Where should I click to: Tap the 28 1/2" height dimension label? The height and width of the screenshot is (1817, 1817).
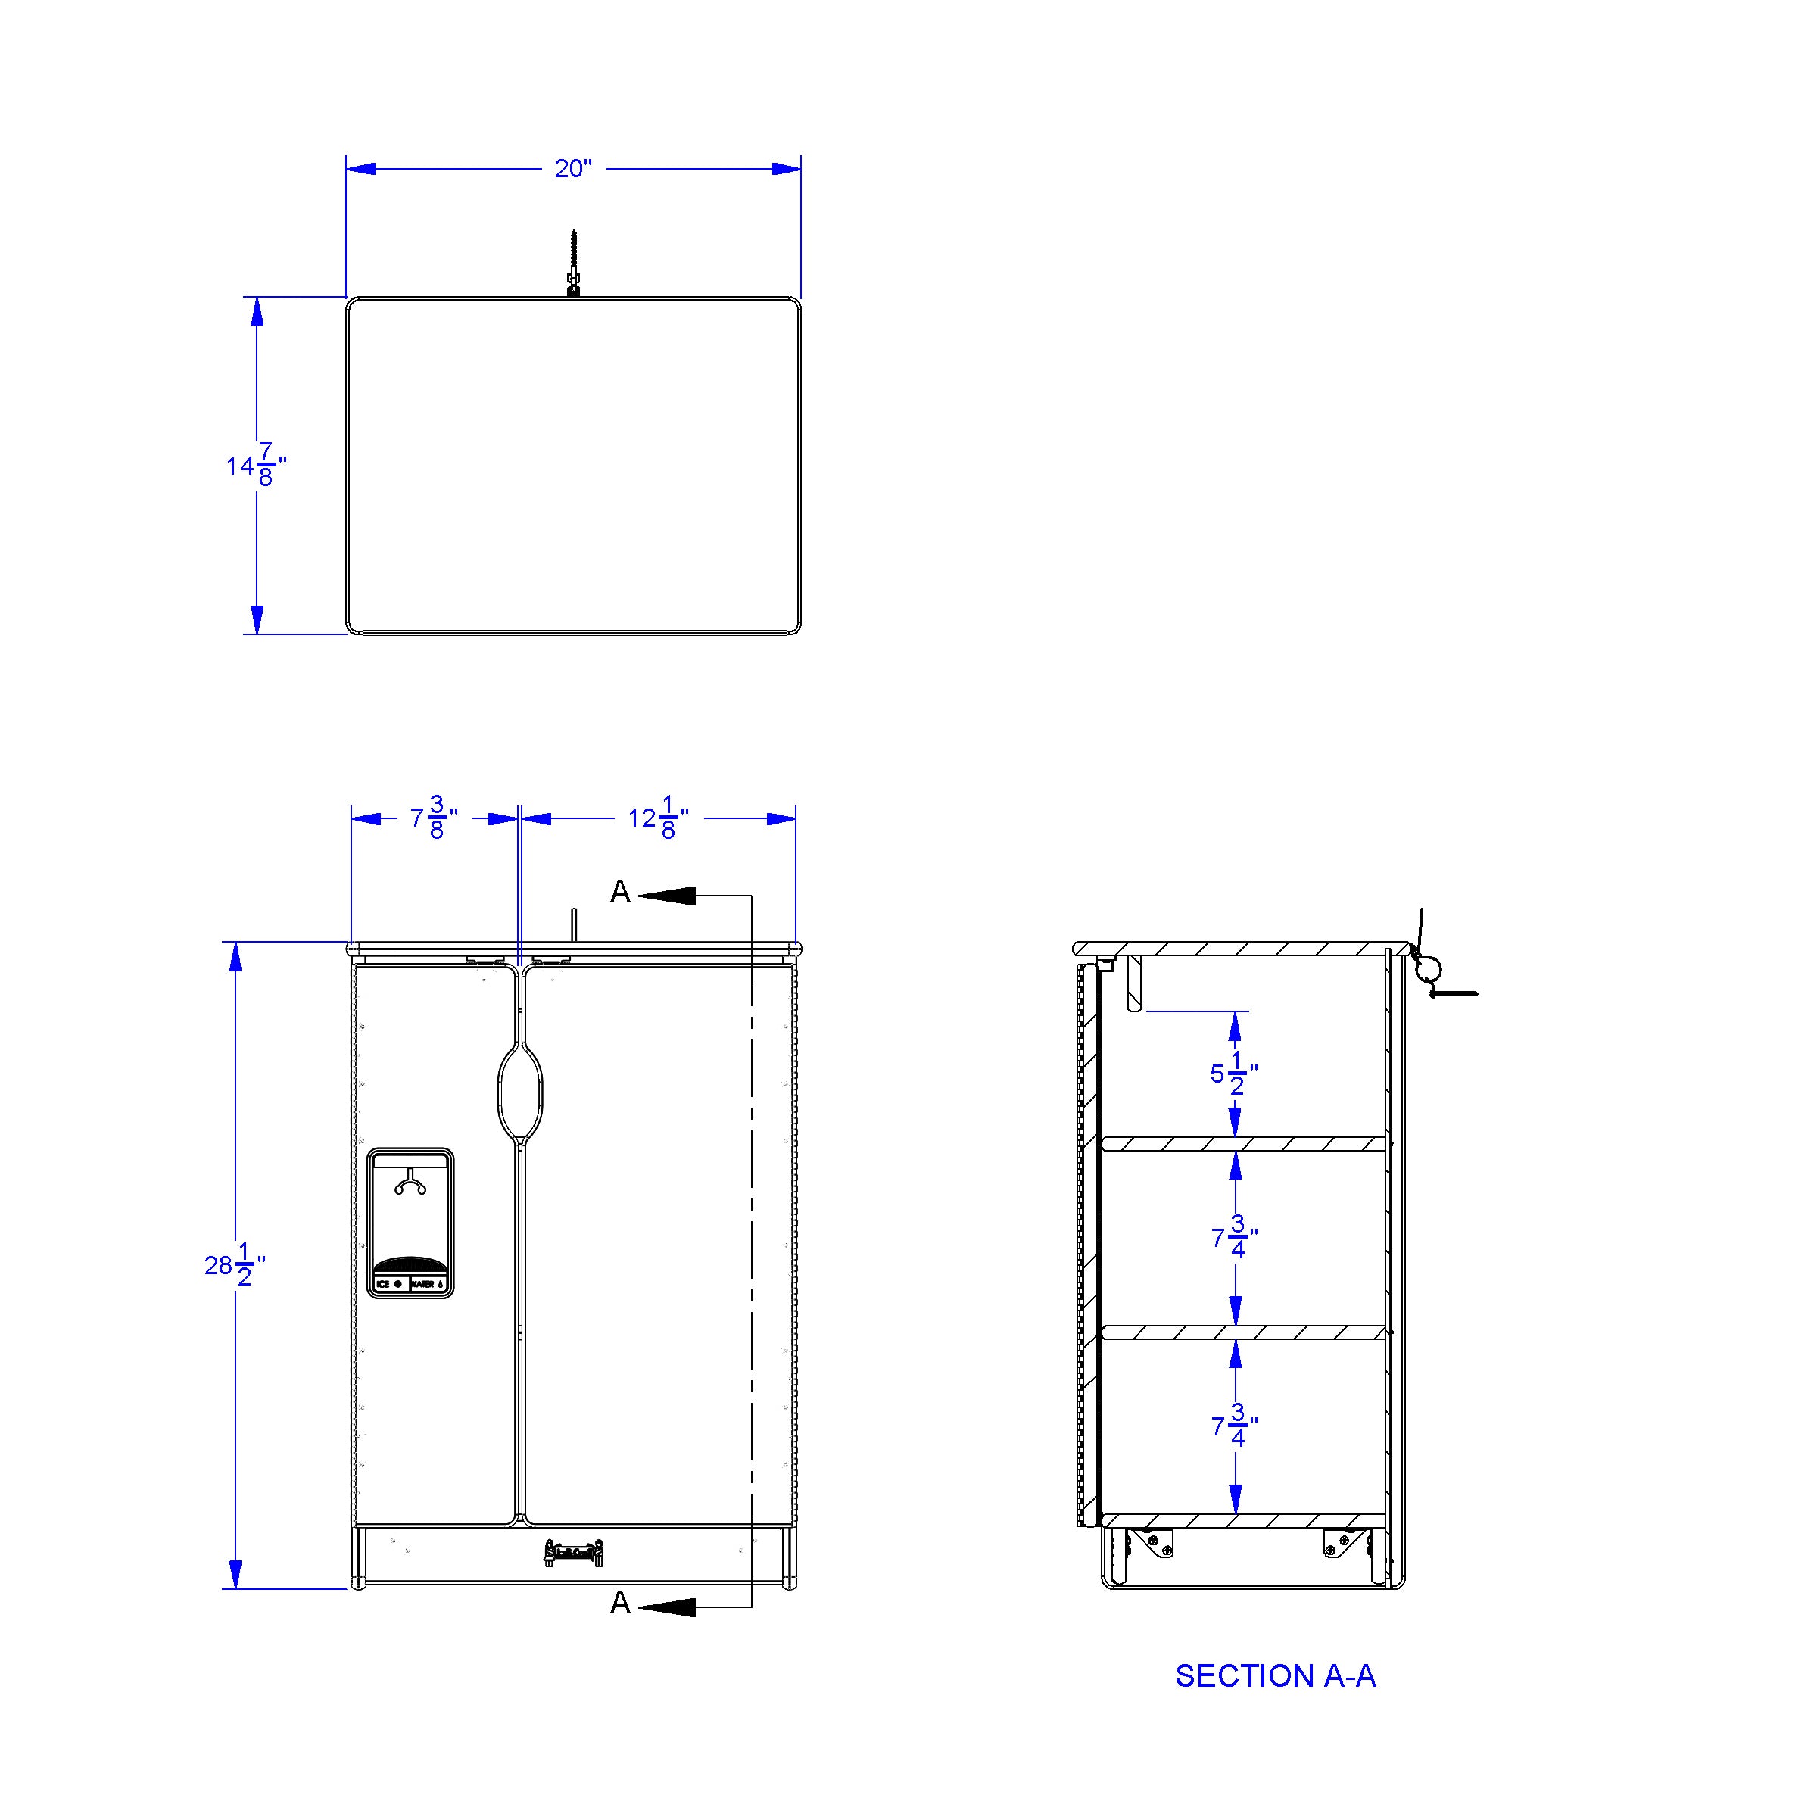pos(234,1265)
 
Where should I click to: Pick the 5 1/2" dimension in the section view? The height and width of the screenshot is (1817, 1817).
pos(1234,1073)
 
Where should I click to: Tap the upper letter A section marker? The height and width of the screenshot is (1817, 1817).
pos(620,892)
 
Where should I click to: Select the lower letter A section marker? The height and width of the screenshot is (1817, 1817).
pos(620,1603)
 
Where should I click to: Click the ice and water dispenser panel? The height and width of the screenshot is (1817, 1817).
pos(410,1223)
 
